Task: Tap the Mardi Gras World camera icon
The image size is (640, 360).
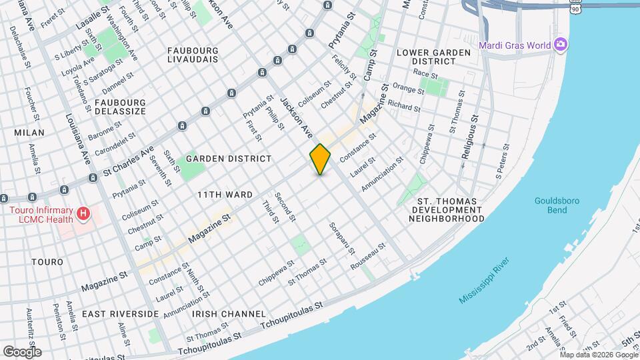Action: coord(561,45)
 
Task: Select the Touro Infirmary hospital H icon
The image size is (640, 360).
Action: coord(83,214)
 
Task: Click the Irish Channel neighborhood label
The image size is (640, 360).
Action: coord(229,313)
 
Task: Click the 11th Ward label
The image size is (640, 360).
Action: coord(215,195)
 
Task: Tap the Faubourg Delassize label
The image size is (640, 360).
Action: coord(120,107)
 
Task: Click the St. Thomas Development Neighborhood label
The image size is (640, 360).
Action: coord(451,209)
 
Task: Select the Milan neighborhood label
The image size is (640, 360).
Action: coord(29,133)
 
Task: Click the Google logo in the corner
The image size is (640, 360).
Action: coord(21,351)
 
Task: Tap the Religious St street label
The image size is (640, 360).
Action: coord(469,137)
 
